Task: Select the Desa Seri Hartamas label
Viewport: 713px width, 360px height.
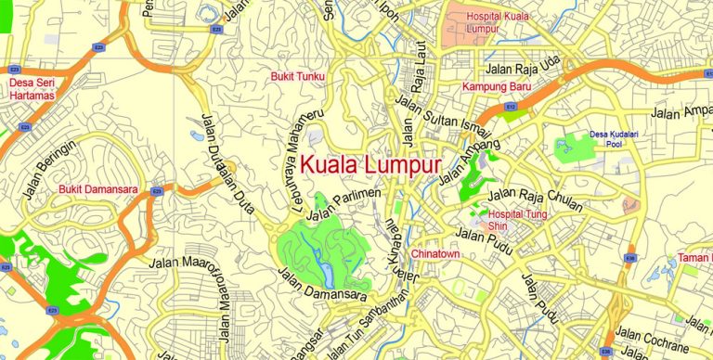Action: click(32, 89)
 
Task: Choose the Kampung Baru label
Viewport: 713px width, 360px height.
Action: click(497, 87)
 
